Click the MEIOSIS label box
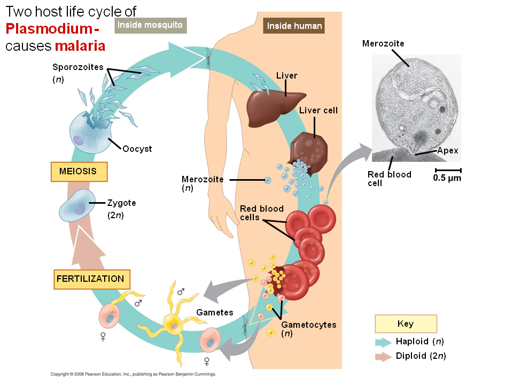coord(79,172)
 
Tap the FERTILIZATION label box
coord(90,279)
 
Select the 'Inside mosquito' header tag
coord(150,25)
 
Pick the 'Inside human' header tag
coord(294,26)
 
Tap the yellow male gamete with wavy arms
coord(172,321)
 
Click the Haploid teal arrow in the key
coord(383,342)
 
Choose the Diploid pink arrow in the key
coord(383,357)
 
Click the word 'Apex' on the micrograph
coord(447,151)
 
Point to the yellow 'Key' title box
coord(406,324)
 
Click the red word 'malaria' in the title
coord(80,46)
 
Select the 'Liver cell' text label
coord(318,110)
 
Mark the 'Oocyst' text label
coord(137,149)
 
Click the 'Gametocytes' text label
coord(308,325)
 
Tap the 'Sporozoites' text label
coord(77,67)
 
